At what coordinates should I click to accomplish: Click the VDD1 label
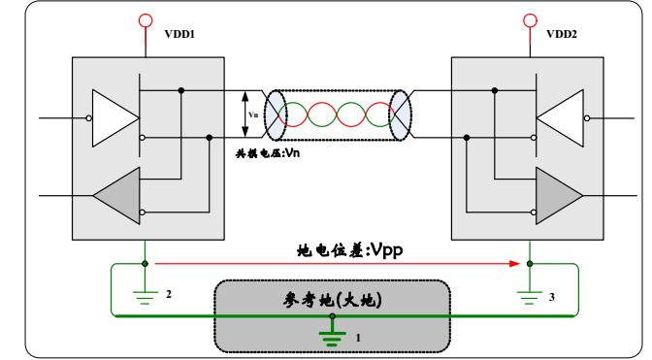point(179,34)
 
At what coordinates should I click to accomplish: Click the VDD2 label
point(561,34)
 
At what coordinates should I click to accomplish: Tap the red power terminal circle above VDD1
point(146,19)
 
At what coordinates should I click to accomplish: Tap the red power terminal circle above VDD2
point(529,19)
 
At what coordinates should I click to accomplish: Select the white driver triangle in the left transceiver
point(113,118)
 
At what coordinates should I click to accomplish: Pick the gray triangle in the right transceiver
point(557,195)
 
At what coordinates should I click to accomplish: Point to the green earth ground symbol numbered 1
point(333,336)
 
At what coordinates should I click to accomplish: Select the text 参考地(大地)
point(332,300)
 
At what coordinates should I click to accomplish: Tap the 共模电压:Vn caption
point(268,153)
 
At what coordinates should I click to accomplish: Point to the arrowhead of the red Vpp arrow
point(518,263)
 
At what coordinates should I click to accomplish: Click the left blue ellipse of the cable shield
point(276,115)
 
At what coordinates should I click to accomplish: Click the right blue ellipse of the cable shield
point(400,115)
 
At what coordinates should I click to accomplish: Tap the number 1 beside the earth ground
point(357,338)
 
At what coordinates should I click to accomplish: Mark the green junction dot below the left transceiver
point(146,263)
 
